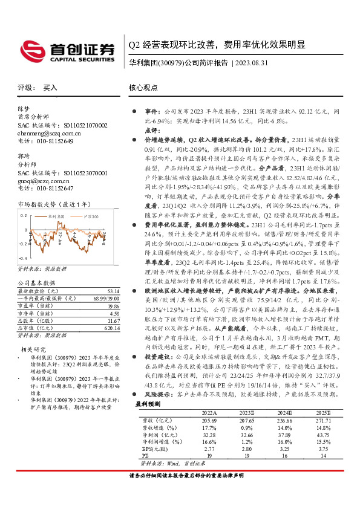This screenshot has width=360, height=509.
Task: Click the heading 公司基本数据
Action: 36,283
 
